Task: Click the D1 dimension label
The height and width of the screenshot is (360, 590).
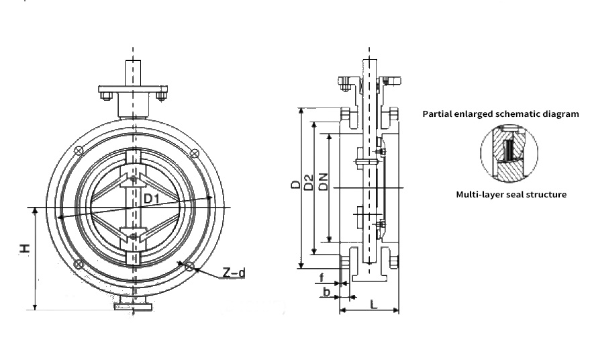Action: [x=151, y=199]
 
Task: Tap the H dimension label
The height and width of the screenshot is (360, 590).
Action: [x=24, y=249]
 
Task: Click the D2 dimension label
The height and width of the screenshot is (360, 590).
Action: [x=309, y=181]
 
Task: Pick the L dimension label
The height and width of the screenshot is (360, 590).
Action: [x=374, y=304]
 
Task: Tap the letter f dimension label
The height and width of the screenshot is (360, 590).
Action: [x=322, y=276]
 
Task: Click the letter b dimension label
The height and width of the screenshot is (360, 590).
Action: [x=326, y=291]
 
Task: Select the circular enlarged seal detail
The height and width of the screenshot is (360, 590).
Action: [x=509, y=153]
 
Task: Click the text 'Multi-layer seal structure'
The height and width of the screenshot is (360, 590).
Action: [x=511, y=195]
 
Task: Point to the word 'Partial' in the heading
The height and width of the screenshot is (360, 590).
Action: [x=438, y=114]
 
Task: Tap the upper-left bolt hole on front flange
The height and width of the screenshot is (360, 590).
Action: [x=80, y=150]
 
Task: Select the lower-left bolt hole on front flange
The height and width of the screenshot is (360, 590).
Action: [x=80, y=263]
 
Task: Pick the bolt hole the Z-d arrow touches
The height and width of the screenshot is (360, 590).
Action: [x=191, y=267]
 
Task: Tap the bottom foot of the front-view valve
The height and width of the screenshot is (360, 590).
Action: [x=133, y=306]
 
